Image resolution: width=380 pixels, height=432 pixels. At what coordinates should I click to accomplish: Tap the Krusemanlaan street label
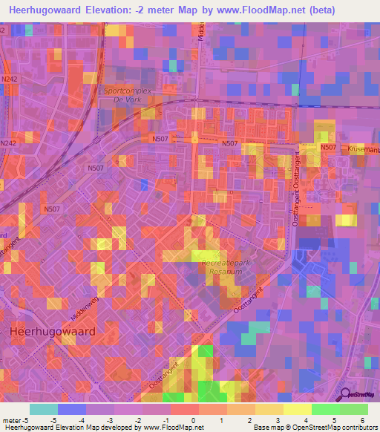362,148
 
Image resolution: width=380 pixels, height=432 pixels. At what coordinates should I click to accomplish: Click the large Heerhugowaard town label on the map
52,331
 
